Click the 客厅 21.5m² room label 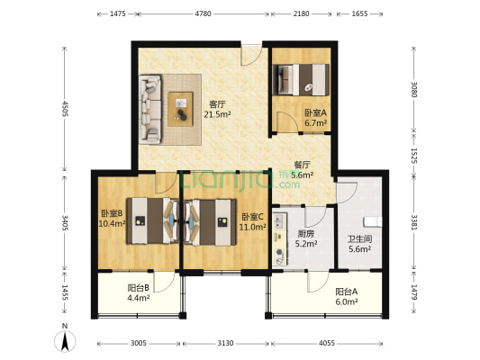pyautogui.click(x=217, y=109)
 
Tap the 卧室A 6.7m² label pyautogui.click(x=315, y=118)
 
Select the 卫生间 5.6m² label pyautogui.click(x=360, y=244)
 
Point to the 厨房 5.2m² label pyautogui.click(x=306, y=238)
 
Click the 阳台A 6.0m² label pyautogui.click(x=347, y=297)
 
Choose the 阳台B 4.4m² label pyautogui.click(x=139, y=292)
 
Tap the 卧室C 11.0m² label pyautogui.click(x=252, y=221)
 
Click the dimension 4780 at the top pyautogui.click(x=204, y=13)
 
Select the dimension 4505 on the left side pyautogui.click(x=65, y=109)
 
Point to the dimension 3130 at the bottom pyautogui.click(x=226, y=343)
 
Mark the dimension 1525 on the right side pyautogui.click(x=413, y=156)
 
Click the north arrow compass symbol pyautogui.click(x=65, y=338)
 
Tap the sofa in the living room pyautogui.click(x=150, y=109)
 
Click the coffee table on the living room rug pyautogui.click(x=181, y=109)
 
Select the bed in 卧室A pyautogui.click(x=301, y=79)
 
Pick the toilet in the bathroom pyautogui.click(x=372, y=221)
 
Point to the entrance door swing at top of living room pyautogui.click(x=251, y=56)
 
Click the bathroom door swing pyautogui.click(x=347, y=193)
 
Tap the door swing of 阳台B pyautogui.click(x=164, y=282)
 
